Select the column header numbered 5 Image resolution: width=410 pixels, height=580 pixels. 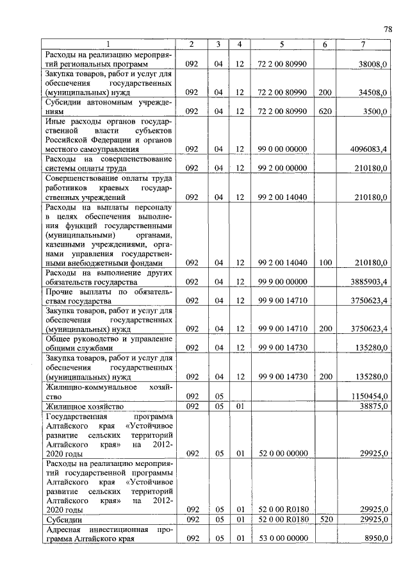(x=282, y=44)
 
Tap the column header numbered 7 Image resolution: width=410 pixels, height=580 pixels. (x=363, y=44)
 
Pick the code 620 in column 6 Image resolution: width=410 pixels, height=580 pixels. (x=325, y=111)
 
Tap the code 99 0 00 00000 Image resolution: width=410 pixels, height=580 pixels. (x=282, y=149)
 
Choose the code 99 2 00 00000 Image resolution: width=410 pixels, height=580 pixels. (x=282, y=168)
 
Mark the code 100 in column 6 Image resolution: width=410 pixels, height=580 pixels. (x=325, y=263)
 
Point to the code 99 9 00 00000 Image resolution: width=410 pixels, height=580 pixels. (x=282, y=281)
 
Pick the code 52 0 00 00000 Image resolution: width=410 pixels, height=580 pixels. (x=282, y=452)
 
